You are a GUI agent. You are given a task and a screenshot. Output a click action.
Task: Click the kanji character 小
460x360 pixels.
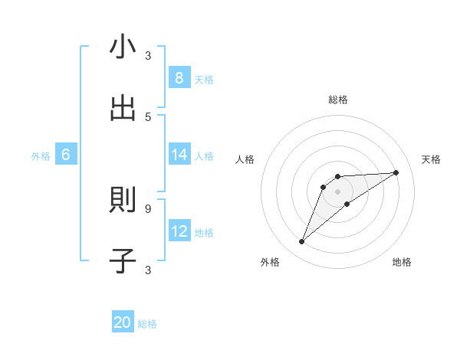pyautogui.click(x=123, y=47)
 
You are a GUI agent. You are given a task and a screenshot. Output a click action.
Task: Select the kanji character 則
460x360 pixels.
pyautogui.click(x=123, y=201)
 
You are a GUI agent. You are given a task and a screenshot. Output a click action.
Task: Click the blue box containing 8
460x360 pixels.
pyautogui.click(x=179, y=78)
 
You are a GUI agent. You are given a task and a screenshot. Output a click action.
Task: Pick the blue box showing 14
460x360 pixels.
pyautogui.click(x=179, y=155)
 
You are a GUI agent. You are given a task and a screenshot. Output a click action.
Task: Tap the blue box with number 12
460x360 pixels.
pyautogui.click(x=179, y=231)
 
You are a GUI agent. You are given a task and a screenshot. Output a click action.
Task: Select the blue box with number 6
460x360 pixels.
pyautogui.click(x=65, y=155)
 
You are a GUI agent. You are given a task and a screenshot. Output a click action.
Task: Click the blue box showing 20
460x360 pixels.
pyautogui.click(x=123, y=323)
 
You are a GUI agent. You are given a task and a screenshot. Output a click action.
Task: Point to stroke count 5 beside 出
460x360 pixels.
pyautogui.click(x=148, y=116)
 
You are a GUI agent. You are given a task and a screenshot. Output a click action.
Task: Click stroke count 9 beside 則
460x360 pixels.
pyautogui.click(x=148, y=208)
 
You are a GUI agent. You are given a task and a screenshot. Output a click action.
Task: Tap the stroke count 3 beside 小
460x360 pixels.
pyautogui.click(x=148, y=55)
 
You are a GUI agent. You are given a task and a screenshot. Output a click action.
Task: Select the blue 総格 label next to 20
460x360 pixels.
pyautogui.click(x=147, y=324)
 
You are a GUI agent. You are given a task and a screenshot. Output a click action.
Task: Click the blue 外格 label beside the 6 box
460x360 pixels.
pyautogui.click(x=41, y=155)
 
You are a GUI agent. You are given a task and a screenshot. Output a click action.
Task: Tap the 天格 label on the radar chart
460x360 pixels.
pyautogui.click(x=432, y=159)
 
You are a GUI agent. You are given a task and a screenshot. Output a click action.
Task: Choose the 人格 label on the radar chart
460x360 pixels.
pyautogui.click(x=245, y=159)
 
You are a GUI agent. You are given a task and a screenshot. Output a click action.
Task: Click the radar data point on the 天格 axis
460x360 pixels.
pyautogui.click(x=396, y=172)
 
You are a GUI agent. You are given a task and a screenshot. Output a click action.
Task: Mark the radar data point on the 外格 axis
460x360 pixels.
pyautogui.click(x=301, y=242)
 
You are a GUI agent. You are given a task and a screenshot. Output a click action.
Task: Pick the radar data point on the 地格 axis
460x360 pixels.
pyautogui.click(x=347, y=204)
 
